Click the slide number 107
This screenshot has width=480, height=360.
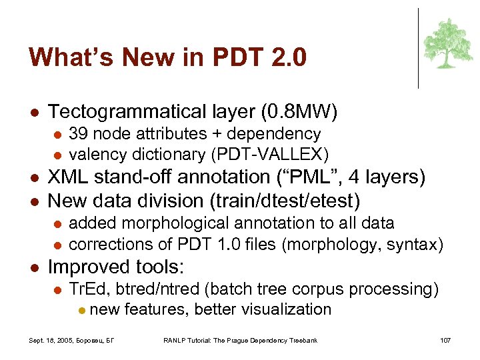[x=445, y=341]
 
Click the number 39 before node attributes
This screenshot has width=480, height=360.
[x=78, y=134]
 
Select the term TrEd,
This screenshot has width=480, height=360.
[x=87, y=289]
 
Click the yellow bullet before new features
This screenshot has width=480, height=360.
[x=81, y=310]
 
